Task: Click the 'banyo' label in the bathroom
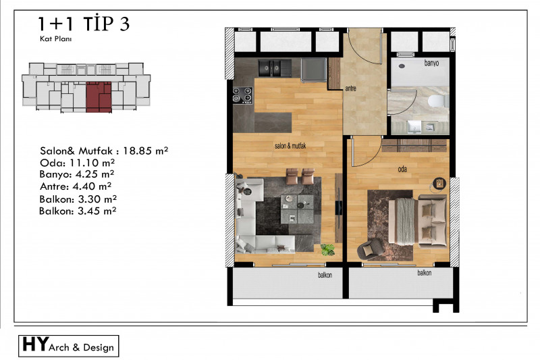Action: pos(431,63)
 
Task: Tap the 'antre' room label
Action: pos(350,88)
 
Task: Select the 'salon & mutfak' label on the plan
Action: pos(290,146)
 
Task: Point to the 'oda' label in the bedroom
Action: pos(402,169)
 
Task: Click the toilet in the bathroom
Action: pos(437,101)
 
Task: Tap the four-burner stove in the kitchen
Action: pos(243,95)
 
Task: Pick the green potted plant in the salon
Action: pos(327,249)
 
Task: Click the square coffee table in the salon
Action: pos(297,209)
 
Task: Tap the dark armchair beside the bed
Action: pos(369,249)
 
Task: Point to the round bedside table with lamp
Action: pos(439,183)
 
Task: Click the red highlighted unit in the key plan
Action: pos(99,97)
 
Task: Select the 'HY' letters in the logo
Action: pos(35,344)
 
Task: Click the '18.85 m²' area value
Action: pos(145,151)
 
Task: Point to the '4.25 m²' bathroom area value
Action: pos(94,174)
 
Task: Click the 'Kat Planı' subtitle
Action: pos(56,38)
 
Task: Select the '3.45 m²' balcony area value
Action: pos(97,211)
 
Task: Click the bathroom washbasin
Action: pos(414,128)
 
